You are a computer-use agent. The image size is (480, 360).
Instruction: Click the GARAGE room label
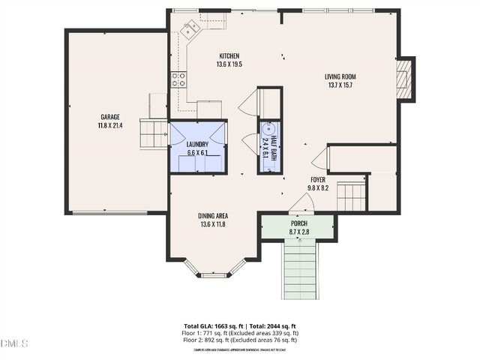110,116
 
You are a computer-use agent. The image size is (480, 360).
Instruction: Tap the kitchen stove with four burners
178,79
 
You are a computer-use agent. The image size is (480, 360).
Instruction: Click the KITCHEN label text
229,56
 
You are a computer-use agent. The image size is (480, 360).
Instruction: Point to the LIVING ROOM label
340,76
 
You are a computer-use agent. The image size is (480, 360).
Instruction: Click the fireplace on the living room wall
404,79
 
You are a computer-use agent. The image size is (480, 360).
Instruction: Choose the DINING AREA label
213,214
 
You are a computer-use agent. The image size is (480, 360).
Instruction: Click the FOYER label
319,180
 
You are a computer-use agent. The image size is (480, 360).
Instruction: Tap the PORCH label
298,223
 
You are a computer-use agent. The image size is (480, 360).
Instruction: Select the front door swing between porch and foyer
301,203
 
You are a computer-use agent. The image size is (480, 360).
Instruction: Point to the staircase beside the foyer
350,197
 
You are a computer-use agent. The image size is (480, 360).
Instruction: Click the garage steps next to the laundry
154,134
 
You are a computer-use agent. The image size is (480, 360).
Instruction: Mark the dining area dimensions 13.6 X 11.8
213,223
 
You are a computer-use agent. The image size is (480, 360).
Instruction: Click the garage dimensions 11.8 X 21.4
110,125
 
